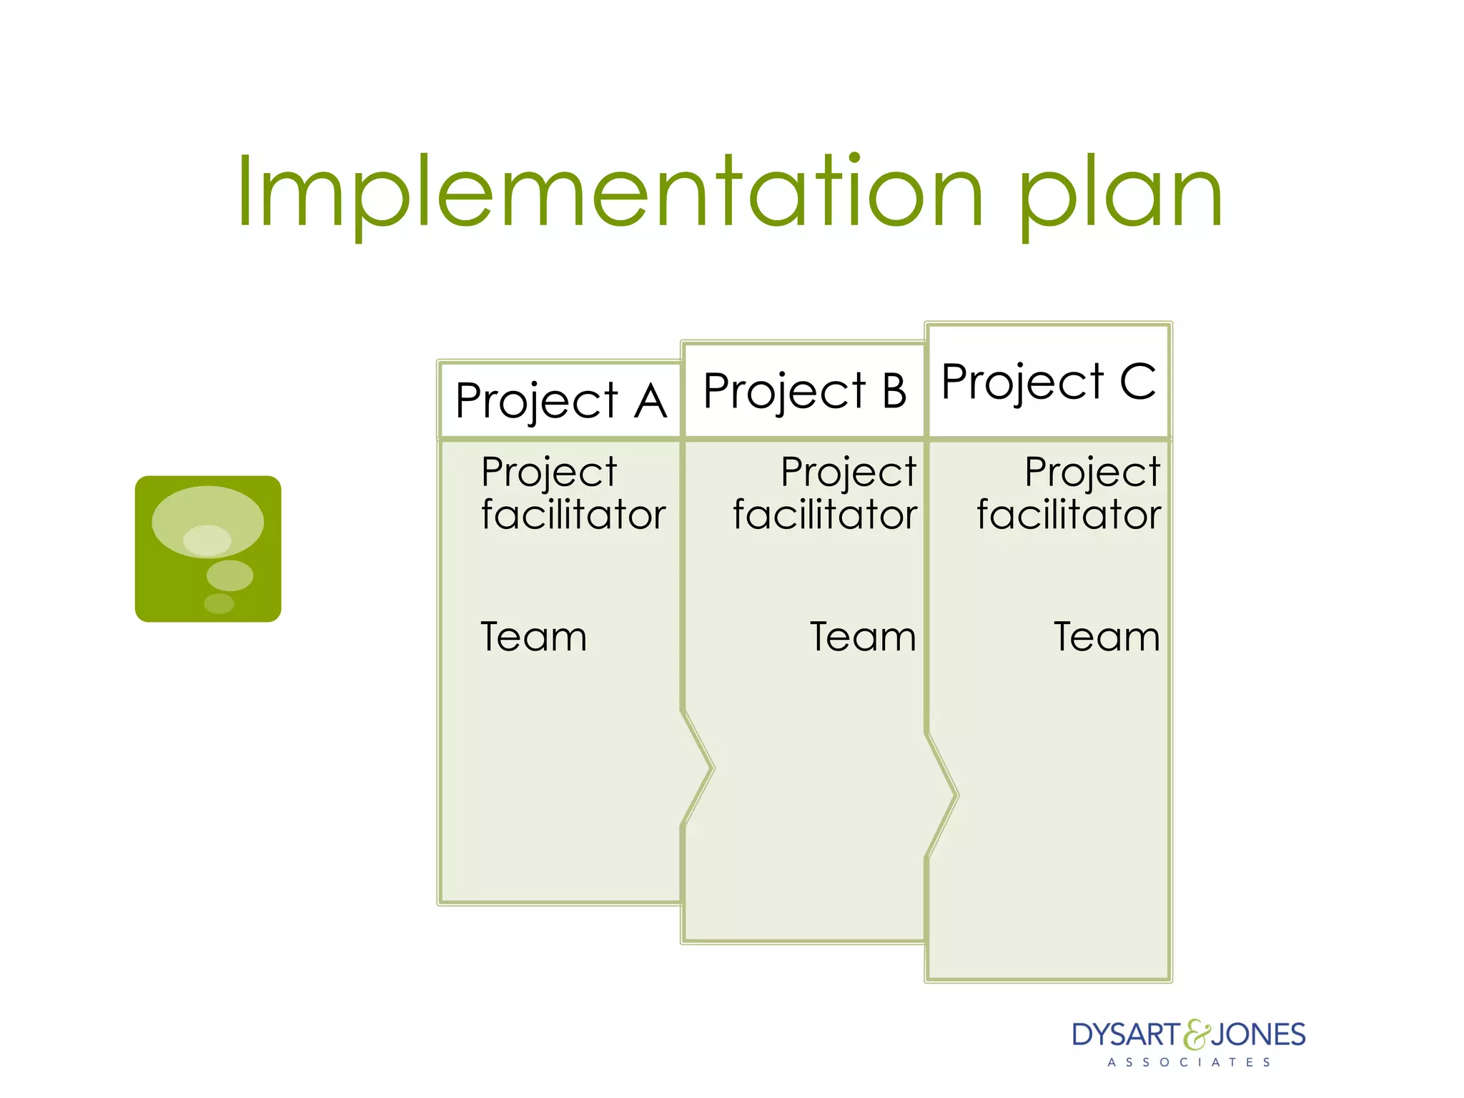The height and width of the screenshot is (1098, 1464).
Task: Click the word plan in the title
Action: point(1120,197)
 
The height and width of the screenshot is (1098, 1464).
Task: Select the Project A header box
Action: point(560,400)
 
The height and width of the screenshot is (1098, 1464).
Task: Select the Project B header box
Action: point(804,391)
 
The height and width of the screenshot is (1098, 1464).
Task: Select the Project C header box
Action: point(1048,381)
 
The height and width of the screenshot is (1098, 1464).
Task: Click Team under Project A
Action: point(533,636)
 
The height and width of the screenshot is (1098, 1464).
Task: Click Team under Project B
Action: point(863,636)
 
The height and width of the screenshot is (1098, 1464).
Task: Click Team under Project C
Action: point(1107,636)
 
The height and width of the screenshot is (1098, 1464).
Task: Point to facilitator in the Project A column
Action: point(573,515)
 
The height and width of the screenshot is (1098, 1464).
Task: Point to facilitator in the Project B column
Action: point(825,515)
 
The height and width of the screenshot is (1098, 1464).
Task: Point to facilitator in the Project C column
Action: point(1069,515)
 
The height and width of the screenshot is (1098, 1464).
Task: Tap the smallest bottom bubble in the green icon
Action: point(219,604)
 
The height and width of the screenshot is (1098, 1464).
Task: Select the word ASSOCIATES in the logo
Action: point(1189,1062)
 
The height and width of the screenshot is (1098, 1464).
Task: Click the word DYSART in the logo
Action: point(1126,1035)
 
